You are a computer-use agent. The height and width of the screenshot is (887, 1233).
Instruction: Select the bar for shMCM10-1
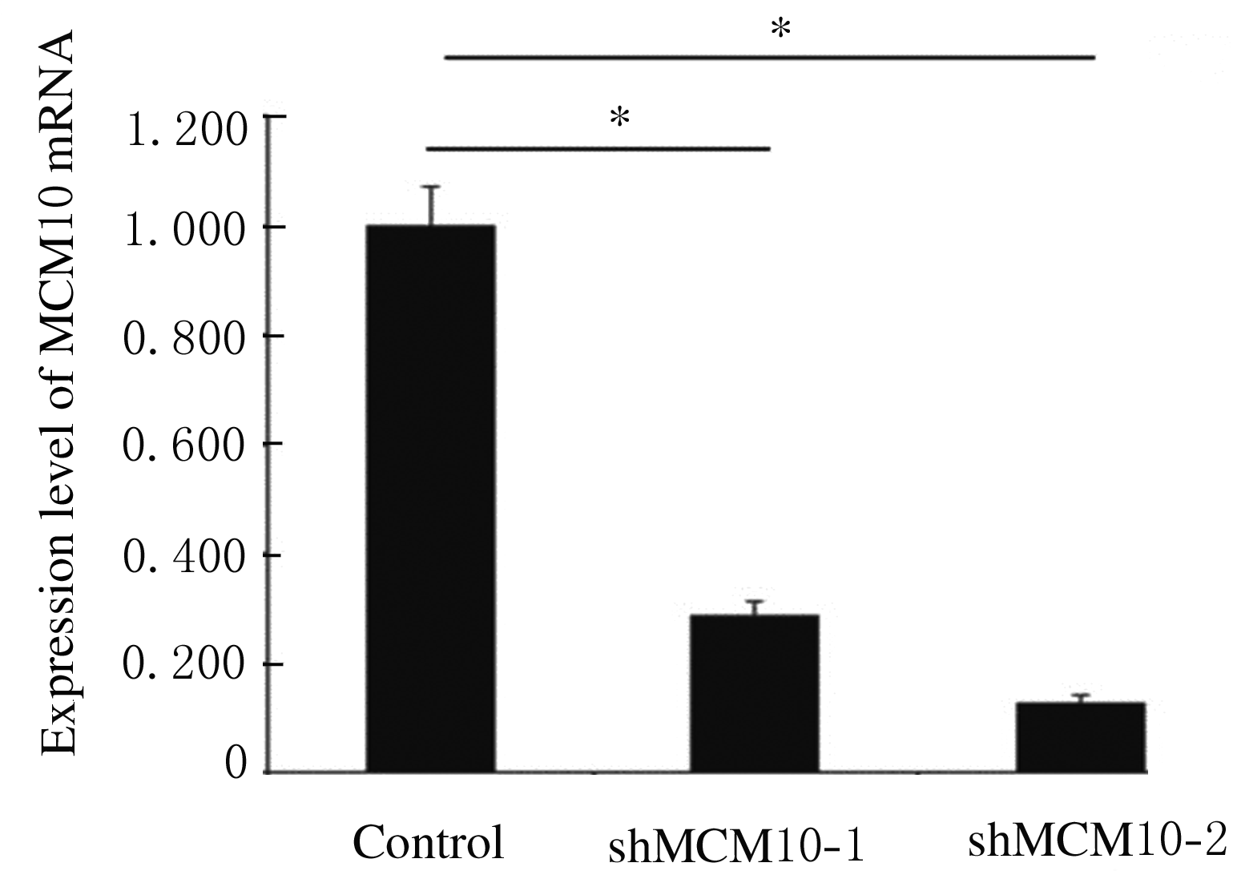tap(754, 693)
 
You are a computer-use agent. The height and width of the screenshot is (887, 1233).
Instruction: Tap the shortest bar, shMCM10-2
tap(1080, 737)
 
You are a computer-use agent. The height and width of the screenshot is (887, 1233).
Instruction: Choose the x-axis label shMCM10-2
tap(1098, 841)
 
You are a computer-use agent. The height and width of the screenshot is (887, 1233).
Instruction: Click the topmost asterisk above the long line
tap(780, 30)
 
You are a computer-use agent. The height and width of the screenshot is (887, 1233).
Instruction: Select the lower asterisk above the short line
tap(619, 119)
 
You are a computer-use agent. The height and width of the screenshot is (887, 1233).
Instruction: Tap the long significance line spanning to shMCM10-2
tap(769, 58)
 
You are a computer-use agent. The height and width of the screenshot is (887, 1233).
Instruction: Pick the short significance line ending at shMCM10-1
tap(598, 149)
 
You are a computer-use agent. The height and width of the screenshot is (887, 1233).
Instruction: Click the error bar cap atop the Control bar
tap(433, 187)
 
